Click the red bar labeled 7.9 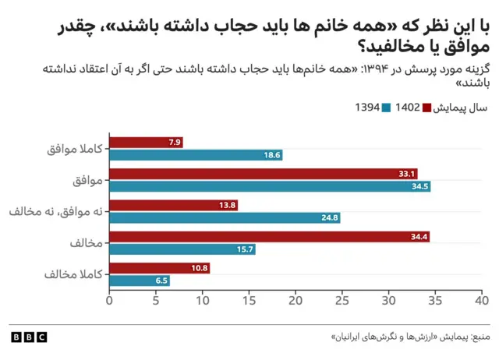pos(146,142)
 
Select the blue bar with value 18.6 pos(196,155)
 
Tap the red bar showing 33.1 pos(264,174)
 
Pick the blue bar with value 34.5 pos(270,187)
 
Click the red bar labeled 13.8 pos(173,206)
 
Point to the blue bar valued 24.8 pos(225,218)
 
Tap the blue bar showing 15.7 pos(182,249)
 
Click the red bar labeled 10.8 pos(159,268)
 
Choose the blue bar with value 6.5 pos(140,281)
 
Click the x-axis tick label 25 pos(342,300)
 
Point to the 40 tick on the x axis pos(482,300)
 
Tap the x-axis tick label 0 pos(109,300)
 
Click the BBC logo pos(29,337)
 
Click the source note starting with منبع pos(410,337)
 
